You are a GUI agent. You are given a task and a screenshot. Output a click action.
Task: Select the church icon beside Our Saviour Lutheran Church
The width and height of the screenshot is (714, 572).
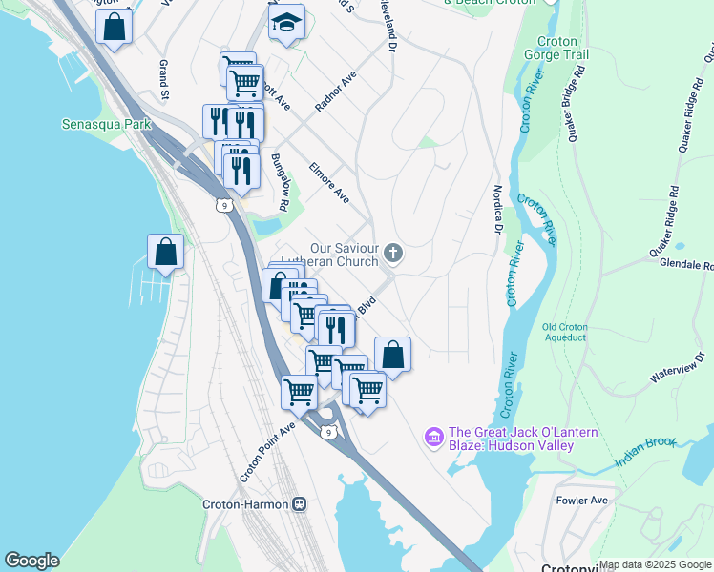click(x=393, y=254)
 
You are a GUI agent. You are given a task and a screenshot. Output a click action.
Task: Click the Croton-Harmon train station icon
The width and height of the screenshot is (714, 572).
click(x=299, y=503)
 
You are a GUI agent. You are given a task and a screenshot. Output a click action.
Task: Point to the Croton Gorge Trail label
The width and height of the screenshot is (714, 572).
click(x=569, y=50)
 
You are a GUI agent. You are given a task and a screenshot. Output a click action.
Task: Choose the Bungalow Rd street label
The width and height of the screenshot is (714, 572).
click(x=279, y=182)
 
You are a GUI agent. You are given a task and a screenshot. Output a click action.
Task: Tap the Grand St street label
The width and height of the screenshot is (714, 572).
click(x=163, y=81)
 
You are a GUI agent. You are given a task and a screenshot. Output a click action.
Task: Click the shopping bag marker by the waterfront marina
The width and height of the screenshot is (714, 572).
click(x=166, y=253)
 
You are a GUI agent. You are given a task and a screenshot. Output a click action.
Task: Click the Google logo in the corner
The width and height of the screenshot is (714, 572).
click(x=31, y=561)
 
